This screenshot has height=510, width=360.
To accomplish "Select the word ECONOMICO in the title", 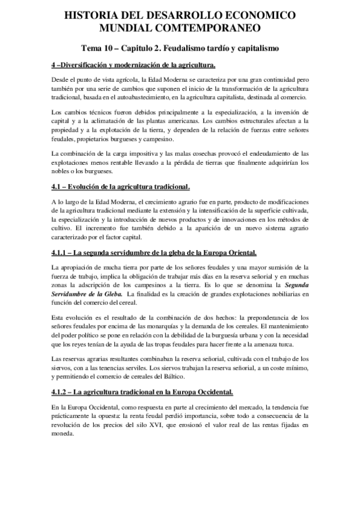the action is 262,14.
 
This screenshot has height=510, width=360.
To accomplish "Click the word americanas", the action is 182,121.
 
